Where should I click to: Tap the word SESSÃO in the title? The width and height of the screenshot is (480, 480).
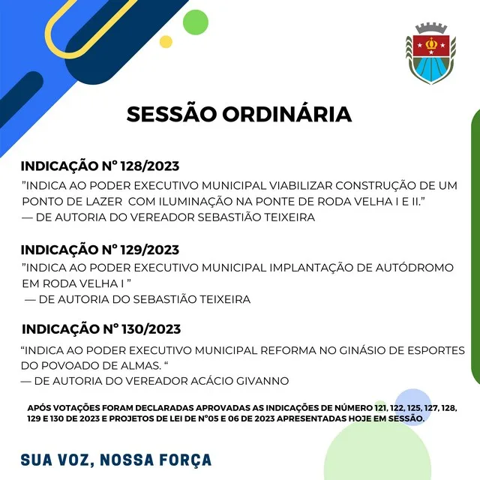click(x=172, y=114)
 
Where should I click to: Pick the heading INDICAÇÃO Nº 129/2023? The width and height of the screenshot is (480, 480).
click(x=100, y=250)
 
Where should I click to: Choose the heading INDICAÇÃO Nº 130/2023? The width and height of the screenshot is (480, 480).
click(x=101, y=329)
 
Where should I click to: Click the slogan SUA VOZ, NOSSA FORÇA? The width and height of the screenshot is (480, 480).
click(x=116, y=460)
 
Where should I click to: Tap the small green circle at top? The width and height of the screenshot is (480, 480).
click(x=196, y=22)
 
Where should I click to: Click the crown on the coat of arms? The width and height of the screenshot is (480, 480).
click(x=431, y=44)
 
